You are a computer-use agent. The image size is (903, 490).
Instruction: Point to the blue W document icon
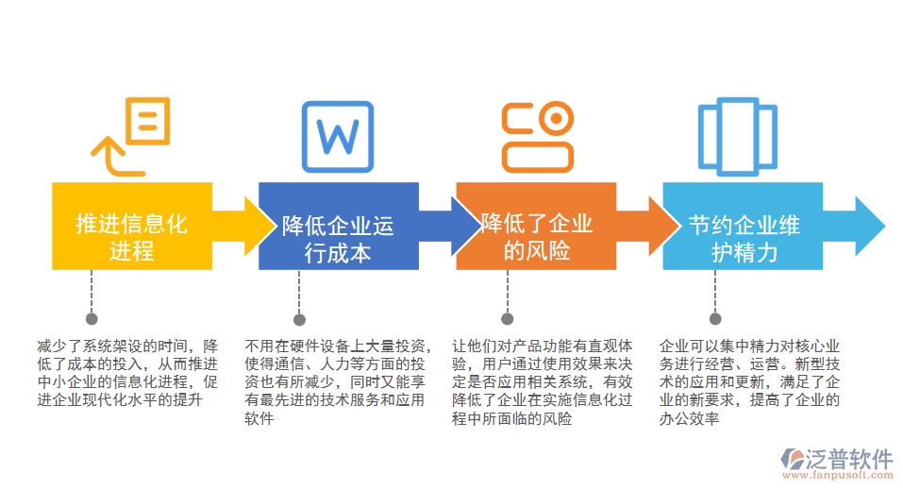click(x=337, y=136)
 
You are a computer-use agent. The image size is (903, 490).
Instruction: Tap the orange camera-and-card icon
click(x=537, y=136)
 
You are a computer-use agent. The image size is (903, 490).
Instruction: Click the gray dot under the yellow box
click(x=92, y=318)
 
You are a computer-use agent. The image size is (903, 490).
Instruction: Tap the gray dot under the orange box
click(x=508, y=318)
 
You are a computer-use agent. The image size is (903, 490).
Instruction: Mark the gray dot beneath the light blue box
click(x=715, y=318)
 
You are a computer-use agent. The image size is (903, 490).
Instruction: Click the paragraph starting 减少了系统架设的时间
click(x=127, y=373)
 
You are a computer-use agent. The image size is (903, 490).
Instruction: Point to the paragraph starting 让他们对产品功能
click(x=543, y=381)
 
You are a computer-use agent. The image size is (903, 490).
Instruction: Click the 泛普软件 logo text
click(x=849, y=458)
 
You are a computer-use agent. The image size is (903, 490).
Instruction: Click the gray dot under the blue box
click(x=299, y=318)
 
